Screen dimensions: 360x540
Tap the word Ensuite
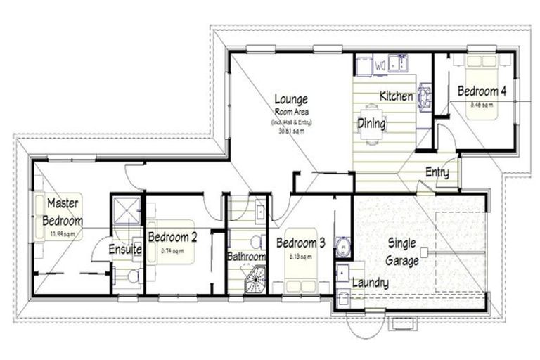pos(126,249)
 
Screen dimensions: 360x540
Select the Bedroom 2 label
pos(172,238)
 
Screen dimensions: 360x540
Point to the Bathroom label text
pos(246,257)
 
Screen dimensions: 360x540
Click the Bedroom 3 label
pos(300,243)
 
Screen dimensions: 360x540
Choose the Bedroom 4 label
pos(482,91)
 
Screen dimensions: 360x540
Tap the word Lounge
pos(291,99)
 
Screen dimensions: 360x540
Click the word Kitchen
pos(397,96)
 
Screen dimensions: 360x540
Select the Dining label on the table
pos(372,124)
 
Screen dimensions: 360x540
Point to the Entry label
pos(437,173)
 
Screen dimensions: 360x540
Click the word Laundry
pos(370,282)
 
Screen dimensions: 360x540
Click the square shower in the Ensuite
pos(127,209)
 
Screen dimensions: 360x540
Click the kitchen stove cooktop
pos(424,96)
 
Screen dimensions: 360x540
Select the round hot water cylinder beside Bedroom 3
pos(343,247)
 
